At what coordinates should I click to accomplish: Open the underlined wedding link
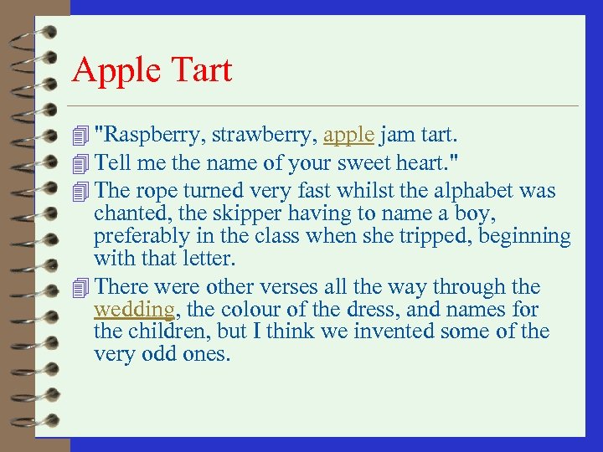point(134,310)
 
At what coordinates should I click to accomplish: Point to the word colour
point(247,310)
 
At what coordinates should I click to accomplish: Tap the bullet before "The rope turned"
point(80,191)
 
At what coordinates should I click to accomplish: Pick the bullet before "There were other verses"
point(80,287)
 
